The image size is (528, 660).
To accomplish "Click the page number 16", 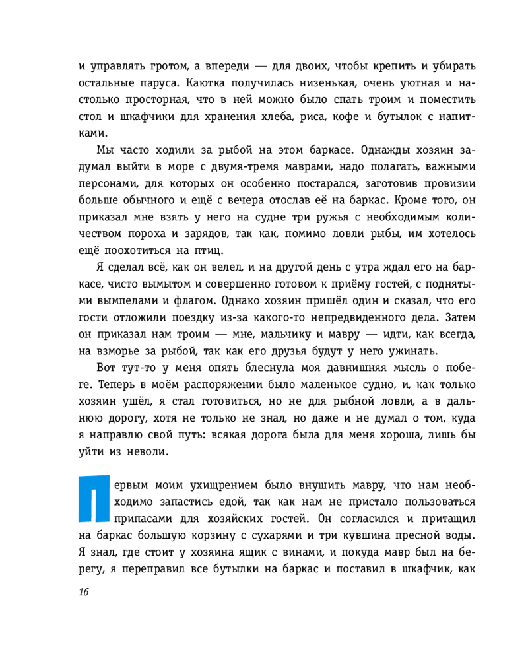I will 82,591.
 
